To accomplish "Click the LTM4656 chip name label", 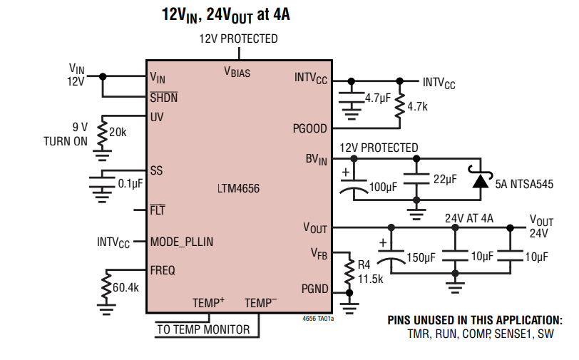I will [239, 190].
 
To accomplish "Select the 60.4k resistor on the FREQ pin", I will [106, 287].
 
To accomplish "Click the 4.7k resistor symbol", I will [400, 105].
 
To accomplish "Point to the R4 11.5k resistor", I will [349, 272].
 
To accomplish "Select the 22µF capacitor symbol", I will [416, 180].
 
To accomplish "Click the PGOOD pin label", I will [310, 129].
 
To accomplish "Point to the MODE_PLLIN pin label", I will [182, 242].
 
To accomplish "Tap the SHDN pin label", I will [164, 97].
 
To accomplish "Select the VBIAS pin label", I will [237, 72].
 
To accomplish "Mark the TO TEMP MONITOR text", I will [203, 329].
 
